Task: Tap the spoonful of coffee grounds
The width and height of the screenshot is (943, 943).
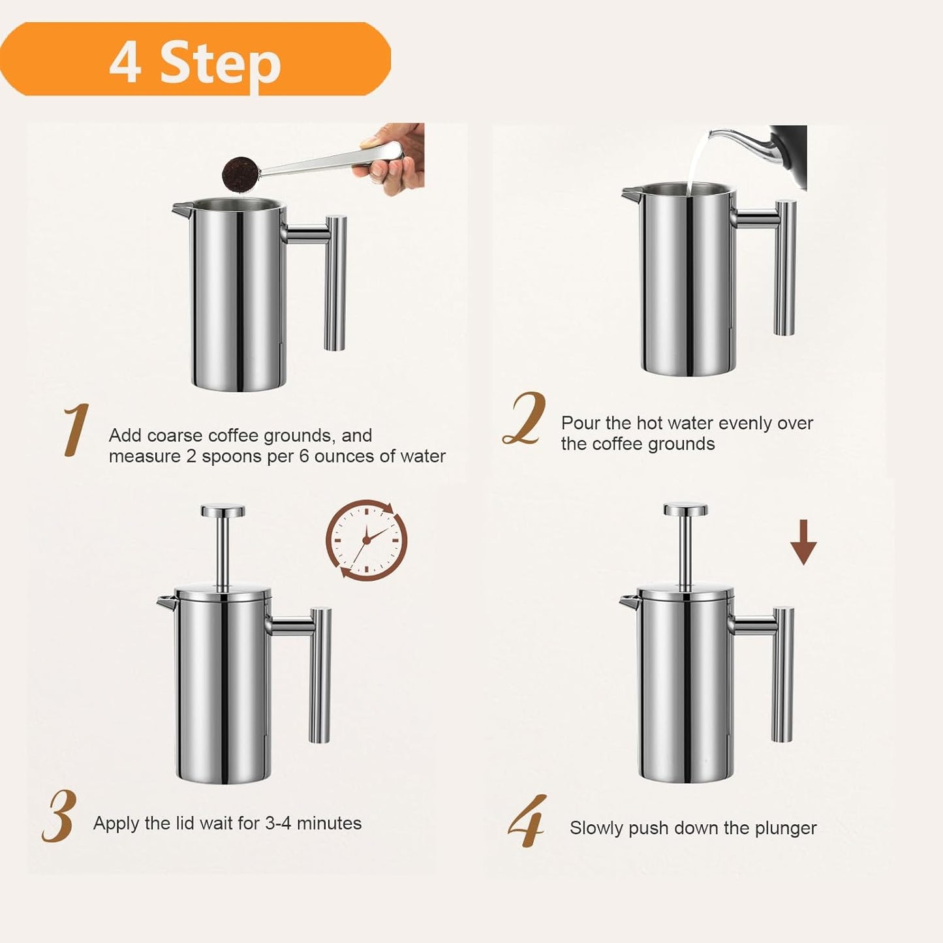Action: click(241, 174)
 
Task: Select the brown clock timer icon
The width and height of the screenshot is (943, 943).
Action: click(366, 540)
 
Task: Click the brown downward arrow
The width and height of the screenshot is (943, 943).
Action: click(803, 542)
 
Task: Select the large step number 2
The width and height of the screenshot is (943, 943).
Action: click(524, 419)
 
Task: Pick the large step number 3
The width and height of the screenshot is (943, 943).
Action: click(59, 816)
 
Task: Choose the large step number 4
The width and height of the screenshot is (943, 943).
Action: click(527, 821)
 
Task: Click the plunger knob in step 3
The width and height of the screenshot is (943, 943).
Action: click(223, 511)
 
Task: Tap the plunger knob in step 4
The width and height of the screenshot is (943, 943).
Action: click(686, 510)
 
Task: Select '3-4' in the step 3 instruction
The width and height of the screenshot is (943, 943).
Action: click(278, 823)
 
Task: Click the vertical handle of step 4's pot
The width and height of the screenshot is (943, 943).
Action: click(782, 673)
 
